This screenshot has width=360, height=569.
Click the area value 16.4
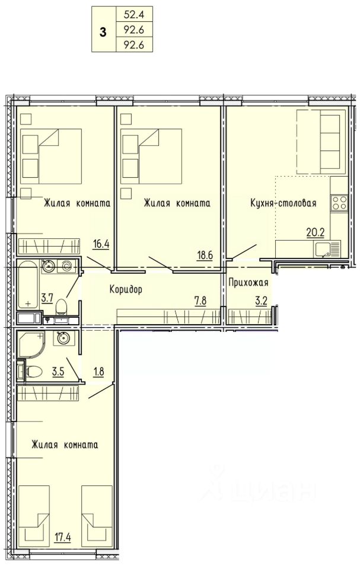101,243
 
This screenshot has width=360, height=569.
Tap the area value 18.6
205,255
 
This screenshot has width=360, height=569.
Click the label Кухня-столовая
283,203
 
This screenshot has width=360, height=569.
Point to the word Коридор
126,289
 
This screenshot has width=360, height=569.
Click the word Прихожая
249,282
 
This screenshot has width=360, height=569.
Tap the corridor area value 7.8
200,301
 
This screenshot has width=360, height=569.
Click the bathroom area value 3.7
47,299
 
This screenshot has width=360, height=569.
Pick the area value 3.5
58,372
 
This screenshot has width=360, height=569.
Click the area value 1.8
98,372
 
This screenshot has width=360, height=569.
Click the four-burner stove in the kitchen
339,202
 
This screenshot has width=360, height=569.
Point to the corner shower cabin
31,343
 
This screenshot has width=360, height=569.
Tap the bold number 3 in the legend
103,32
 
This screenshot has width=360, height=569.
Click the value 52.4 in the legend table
133,15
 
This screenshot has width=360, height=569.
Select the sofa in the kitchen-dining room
321,142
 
